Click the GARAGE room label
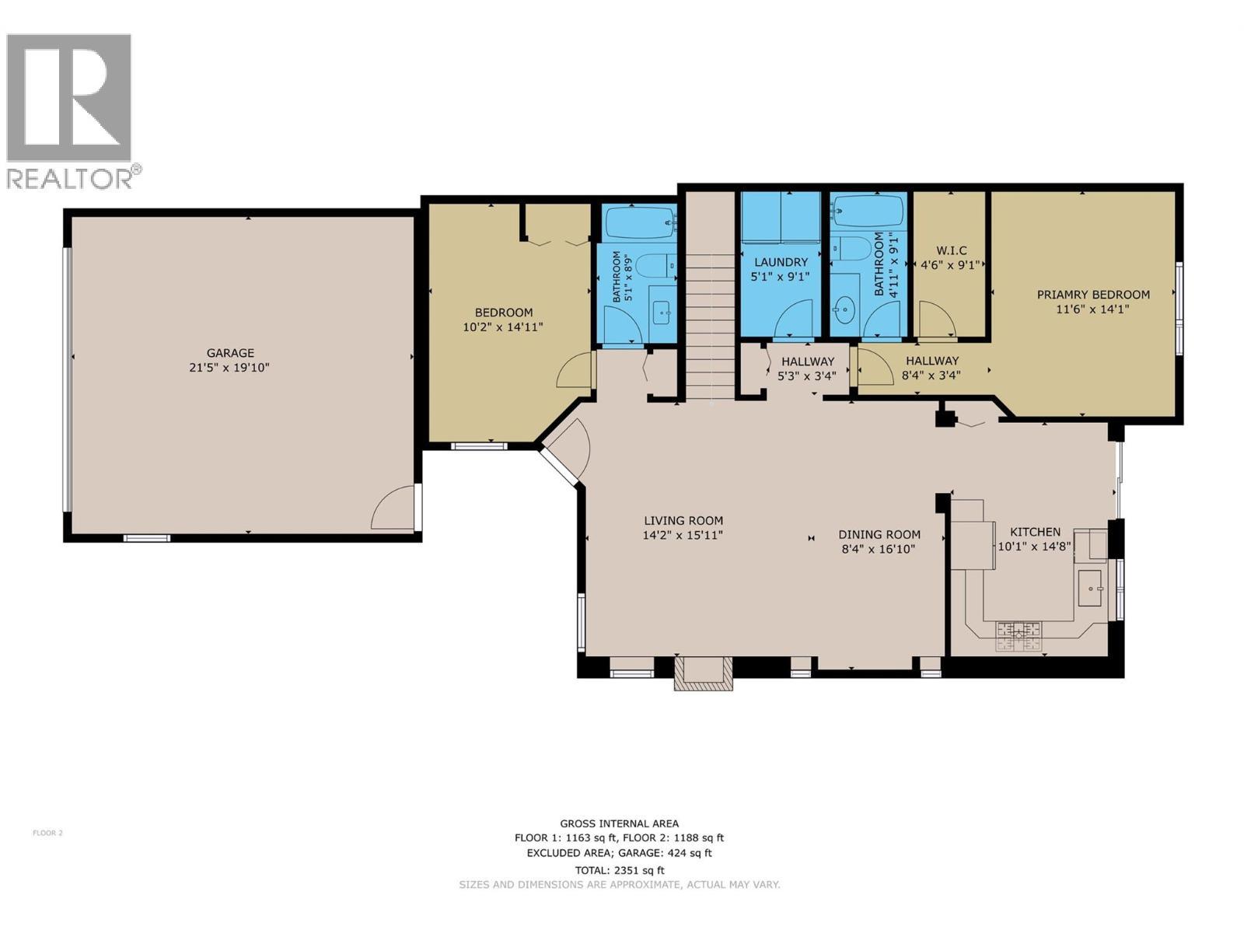coord(230,353)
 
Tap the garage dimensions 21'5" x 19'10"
coord(230,368)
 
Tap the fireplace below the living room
coord(703,673)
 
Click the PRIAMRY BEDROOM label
coord(1092,295)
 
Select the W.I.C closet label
coord(951,250)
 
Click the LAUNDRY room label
coord(780,262)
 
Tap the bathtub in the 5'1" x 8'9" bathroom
coord(640,223)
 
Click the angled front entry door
coord(566,455)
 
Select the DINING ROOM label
coord(879,534)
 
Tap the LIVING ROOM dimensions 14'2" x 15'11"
coord(683,535)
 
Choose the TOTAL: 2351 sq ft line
coord(619,870)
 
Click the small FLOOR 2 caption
coord(47,833)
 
